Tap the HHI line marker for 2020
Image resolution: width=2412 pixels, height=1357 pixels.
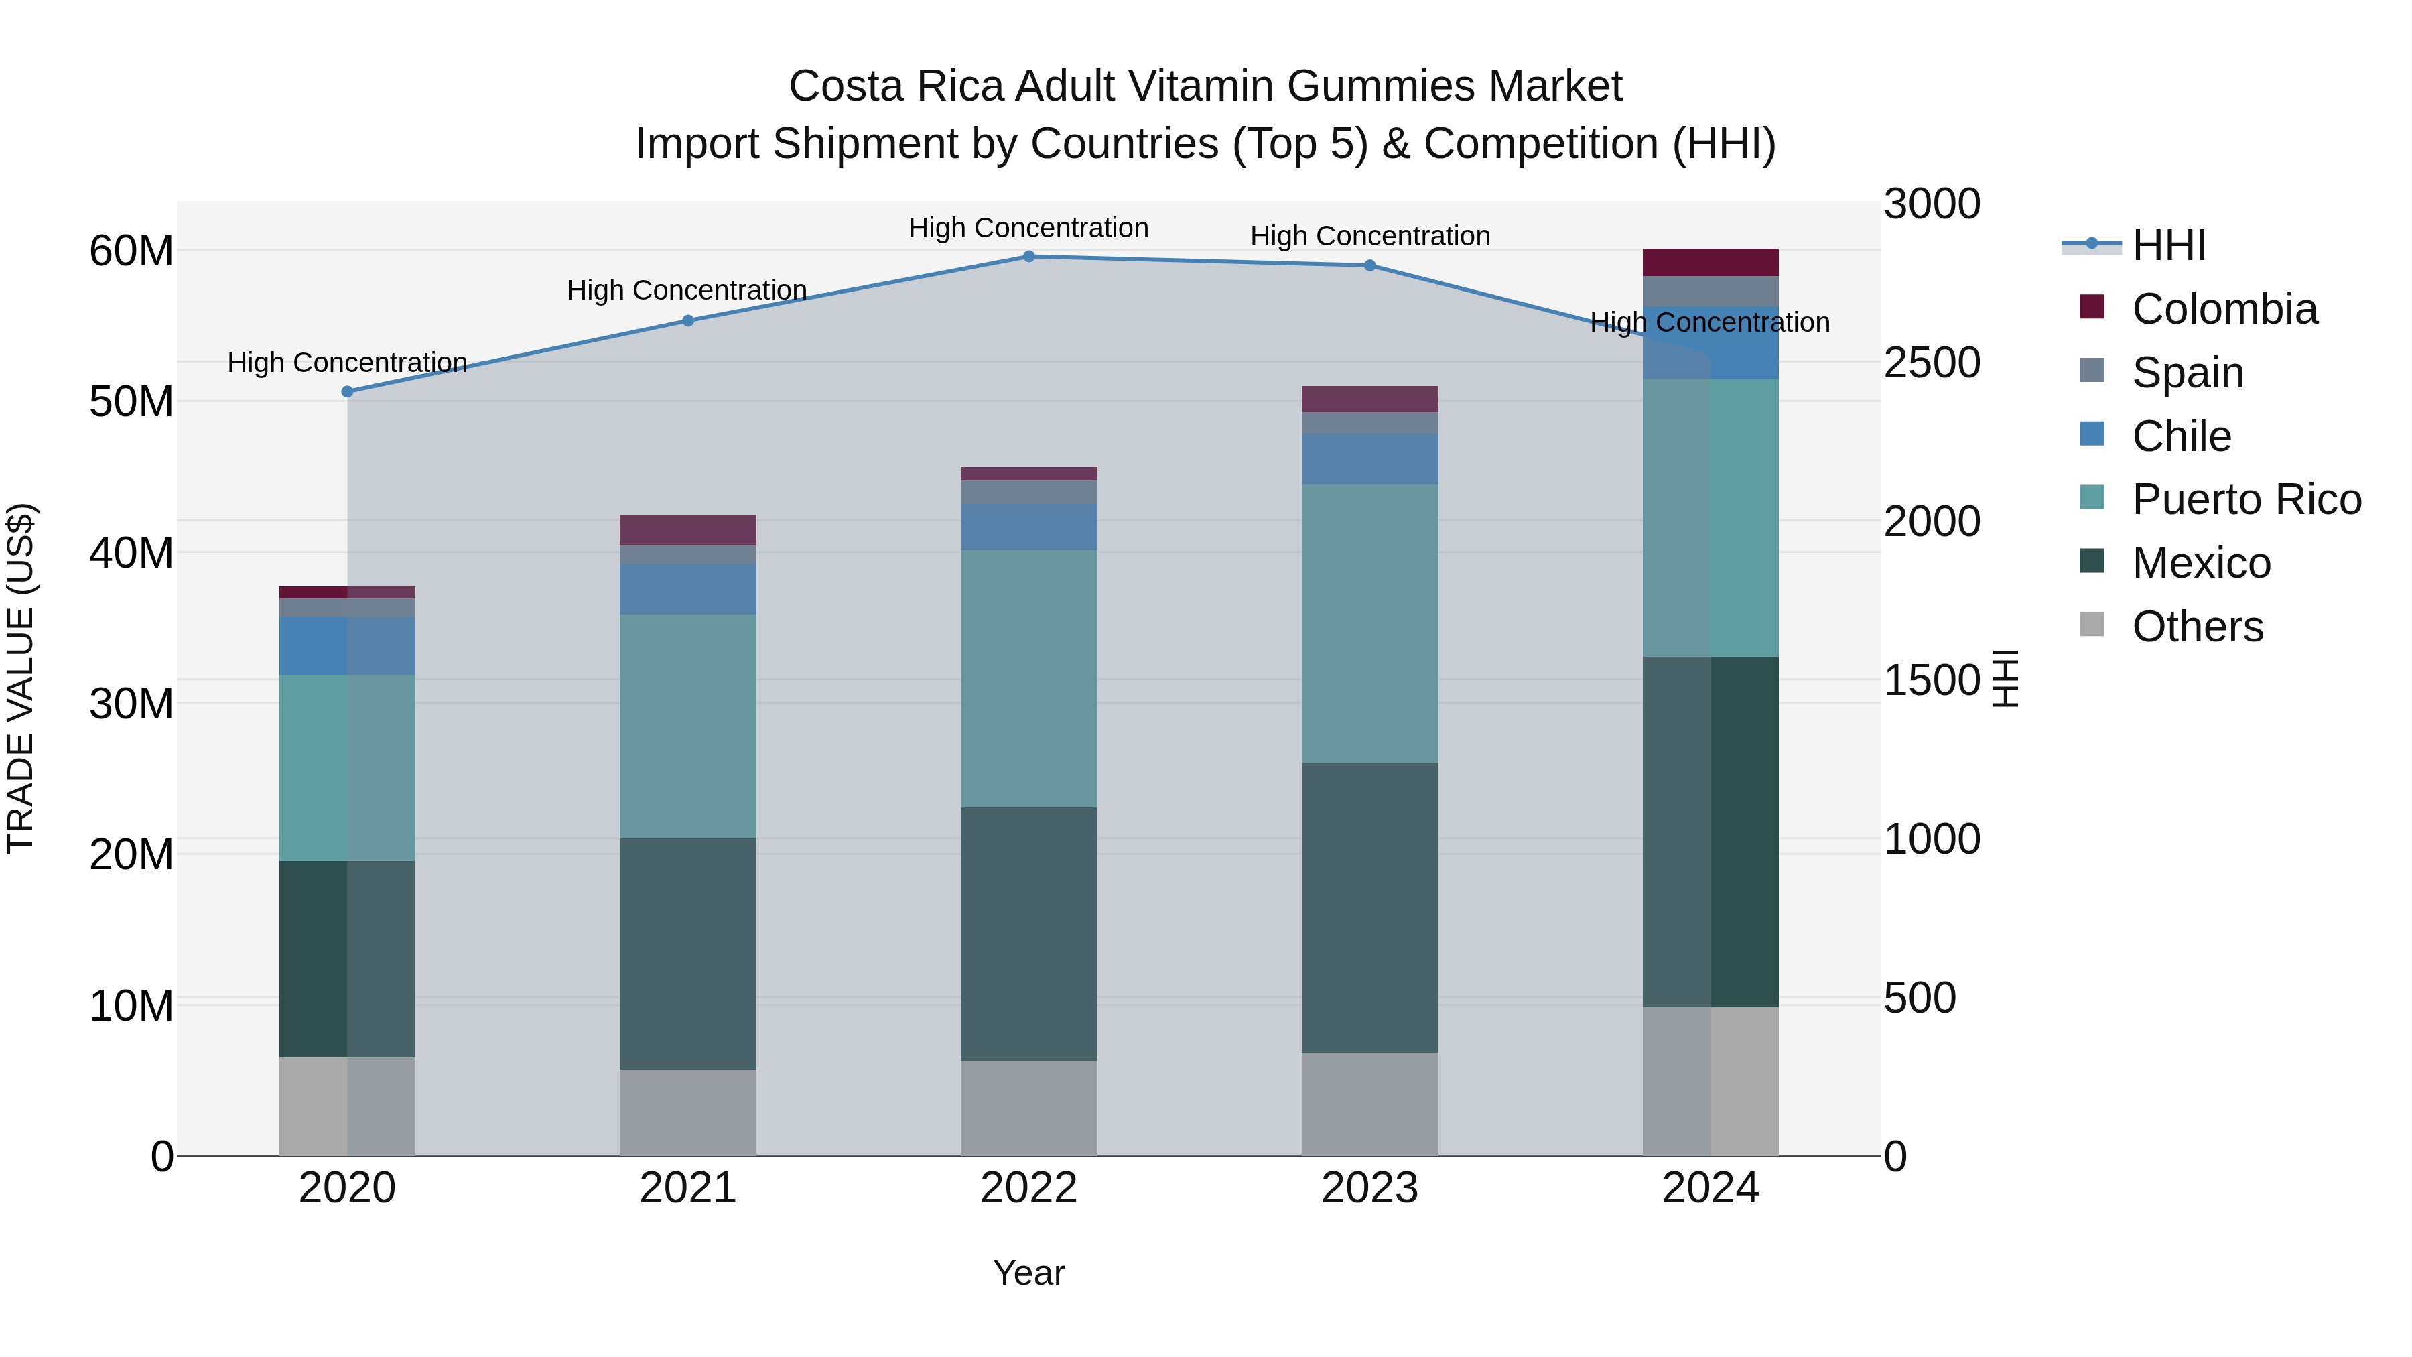[347, 391]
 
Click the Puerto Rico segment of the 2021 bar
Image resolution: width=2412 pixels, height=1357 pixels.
[687, 726]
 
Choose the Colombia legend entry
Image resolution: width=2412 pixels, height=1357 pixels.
[2224, 309]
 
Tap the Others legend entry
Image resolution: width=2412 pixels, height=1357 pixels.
[2197, 627]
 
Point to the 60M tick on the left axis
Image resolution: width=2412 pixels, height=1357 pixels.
[131, 251]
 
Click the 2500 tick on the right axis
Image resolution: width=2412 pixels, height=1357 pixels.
[1931, 363]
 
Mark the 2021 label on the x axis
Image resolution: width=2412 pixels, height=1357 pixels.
[687, 1188]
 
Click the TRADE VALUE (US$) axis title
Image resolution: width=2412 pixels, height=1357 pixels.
[21, 678]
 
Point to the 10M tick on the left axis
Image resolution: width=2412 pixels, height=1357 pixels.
[131, 1006]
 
